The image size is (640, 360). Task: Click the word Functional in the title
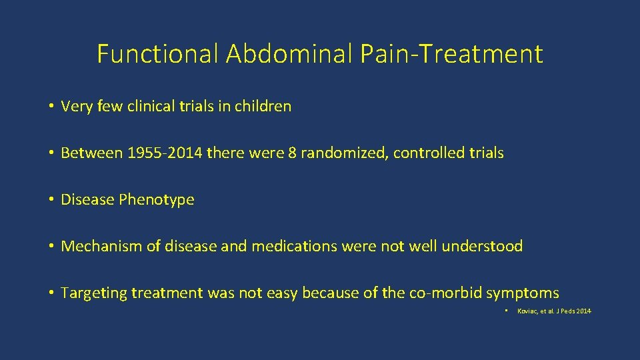158,54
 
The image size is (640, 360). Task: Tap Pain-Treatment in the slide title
452,54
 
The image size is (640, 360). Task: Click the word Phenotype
157,199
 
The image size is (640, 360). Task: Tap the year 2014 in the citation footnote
583,312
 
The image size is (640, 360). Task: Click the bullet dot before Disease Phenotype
51,199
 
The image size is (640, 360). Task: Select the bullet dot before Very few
51,106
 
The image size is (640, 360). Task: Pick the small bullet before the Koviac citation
507,311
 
